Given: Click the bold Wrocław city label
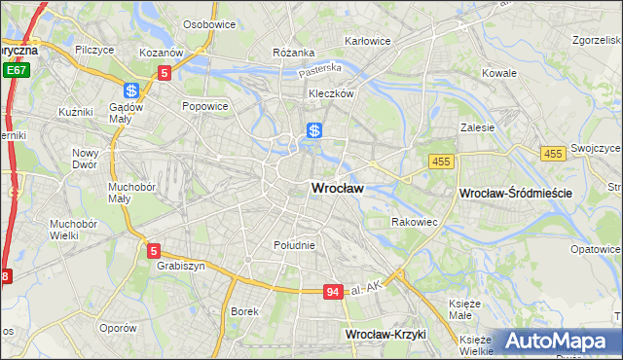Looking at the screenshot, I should pyautogui.click(x=337, y=189).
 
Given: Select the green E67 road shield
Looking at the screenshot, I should pyautogui.click(x=15, y=70).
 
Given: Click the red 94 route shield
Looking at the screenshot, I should pyautogui.click(x=334, y=292).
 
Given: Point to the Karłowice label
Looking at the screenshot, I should pyautogui.click(x=367, y=42).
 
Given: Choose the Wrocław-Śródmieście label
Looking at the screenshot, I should pyautogui.click(x=514, y=194).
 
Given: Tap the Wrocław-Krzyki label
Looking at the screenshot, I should pyautogui.click(x=386, y=334).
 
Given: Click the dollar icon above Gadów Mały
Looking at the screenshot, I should pyautogui.click(x=131, y=90).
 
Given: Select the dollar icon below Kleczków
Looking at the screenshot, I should pyautogui.click(x=314, y=130).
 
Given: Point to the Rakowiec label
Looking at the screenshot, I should pyautogui.click(x=414, y=223).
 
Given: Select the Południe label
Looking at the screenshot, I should pyautogui.click(x=294, y=245).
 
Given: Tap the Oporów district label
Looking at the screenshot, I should pyautogui.click(x=117, y=328).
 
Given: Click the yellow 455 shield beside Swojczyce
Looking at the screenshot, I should pyautogui.click(x=554, y=154).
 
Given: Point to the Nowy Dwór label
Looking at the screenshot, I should pyautogui.click(x=86, y=159).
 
